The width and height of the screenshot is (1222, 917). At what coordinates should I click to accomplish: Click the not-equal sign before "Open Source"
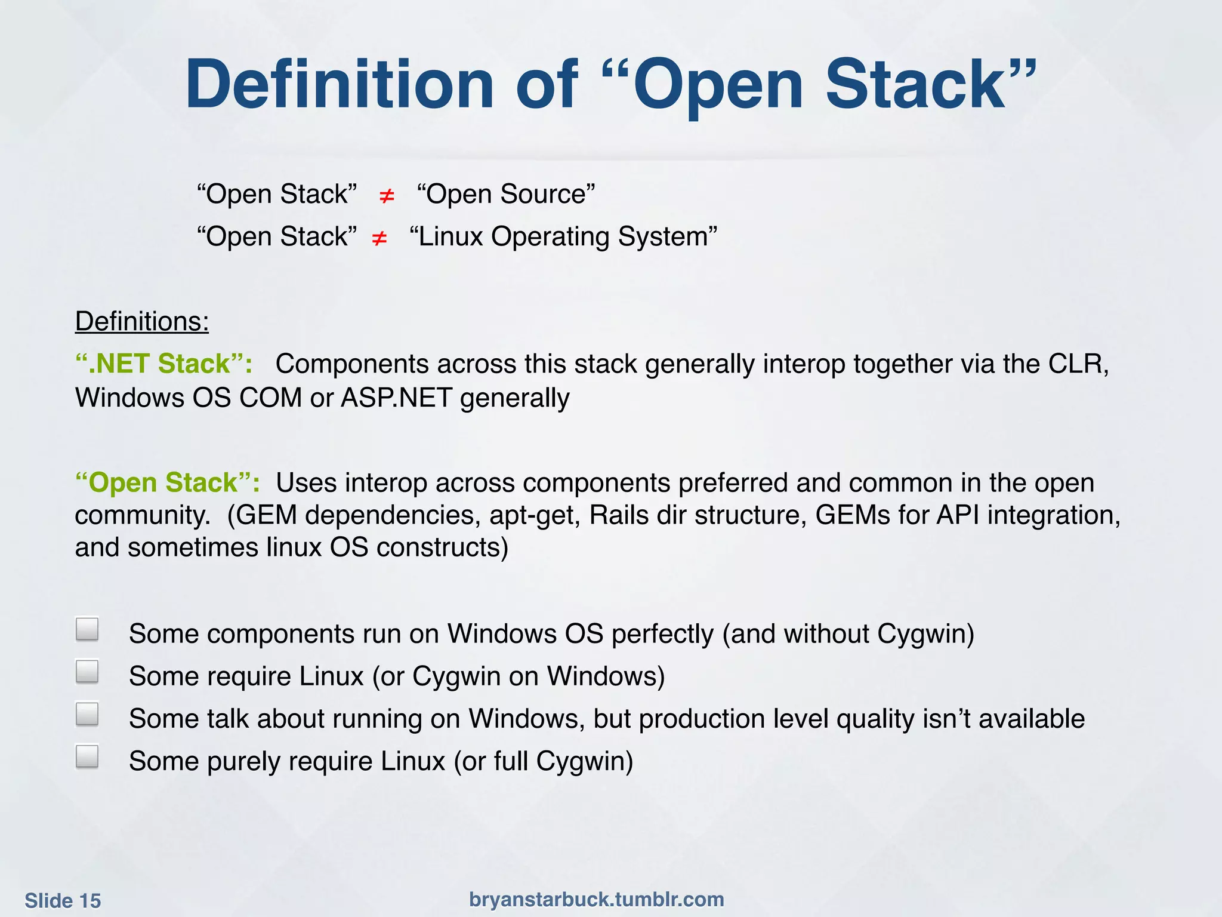[x=387, y=196]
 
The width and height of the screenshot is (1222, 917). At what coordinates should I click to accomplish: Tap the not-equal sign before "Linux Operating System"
[x=379, y=239]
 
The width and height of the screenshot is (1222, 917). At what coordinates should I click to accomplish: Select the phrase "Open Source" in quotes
[x=506, y=195]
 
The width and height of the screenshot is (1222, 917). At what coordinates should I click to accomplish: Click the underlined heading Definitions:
[x=142, y=322]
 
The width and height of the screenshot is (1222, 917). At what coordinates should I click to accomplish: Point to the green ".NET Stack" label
[x=163, y=364]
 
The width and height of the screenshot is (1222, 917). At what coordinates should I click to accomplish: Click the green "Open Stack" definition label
[x=167, y=483]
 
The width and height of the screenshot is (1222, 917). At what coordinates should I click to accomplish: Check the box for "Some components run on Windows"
[x=87, y=629]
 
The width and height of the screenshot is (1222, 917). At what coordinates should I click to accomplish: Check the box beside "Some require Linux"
[x=87, y=671]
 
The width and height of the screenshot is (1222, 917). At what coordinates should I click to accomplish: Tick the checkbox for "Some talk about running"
[x=87, y=713]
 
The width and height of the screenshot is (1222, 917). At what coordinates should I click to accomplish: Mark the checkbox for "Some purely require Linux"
[x=87, y=756]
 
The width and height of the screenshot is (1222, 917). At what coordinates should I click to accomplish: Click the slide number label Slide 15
[x=63, y=900]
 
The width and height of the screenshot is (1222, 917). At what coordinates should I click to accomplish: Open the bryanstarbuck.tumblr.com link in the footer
[x=596, y=899]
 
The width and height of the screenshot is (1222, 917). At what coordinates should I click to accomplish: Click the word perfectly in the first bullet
[x=662, y=634]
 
